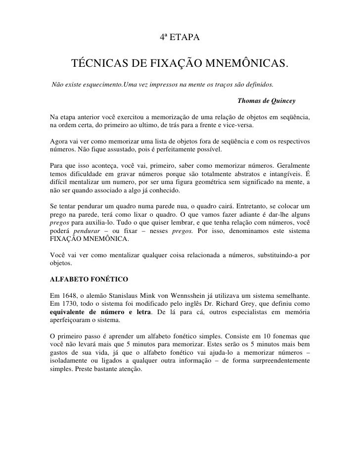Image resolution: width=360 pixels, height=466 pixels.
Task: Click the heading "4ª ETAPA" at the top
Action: (x=180, y=38)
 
